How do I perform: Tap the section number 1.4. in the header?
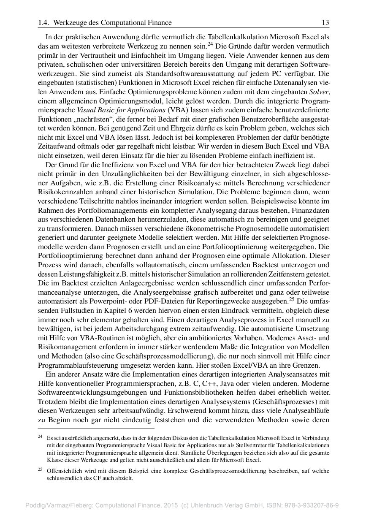(44, 22)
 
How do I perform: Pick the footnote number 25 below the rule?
(41, 469)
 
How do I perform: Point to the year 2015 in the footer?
(171, 505)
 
